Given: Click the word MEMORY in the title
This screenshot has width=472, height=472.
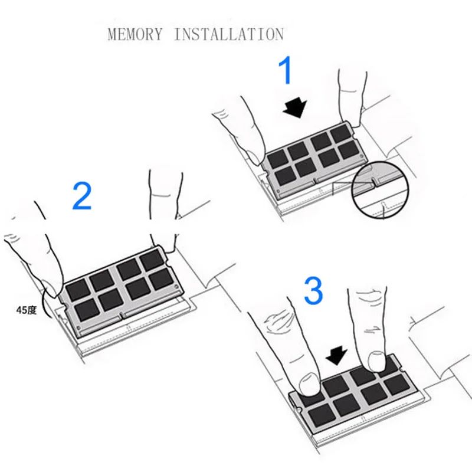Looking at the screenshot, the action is (135, 34).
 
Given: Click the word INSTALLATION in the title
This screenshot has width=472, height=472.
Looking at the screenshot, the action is (229, 34).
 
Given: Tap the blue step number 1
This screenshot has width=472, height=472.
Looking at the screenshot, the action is (286, 71).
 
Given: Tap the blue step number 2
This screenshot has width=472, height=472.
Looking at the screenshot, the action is (82, 196).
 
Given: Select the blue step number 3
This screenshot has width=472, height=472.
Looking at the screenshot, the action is (313, 290).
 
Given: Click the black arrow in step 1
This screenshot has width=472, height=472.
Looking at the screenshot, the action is (295, 107).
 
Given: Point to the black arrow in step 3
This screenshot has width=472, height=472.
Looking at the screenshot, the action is (337, 356).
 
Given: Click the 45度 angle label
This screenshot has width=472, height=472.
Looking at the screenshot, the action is (27, 310).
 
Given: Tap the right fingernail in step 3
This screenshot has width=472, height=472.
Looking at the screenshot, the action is (377, 361).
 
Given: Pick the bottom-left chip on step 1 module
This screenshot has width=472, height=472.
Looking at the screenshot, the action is (285, 176).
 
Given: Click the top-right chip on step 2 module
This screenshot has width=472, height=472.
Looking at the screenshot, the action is (152, 260).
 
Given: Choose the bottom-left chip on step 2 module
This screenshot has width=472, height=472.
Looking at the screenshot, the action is (87, 309).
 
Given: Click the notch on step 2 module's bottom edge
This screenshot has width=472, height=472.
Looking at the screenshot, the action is (122, 316).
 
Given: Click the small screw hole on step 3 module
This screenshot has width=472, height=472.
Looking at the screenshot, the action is (298, 409).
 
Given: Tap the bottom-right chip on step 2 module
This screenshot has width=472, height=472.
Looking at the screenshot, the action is (162, 279).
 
